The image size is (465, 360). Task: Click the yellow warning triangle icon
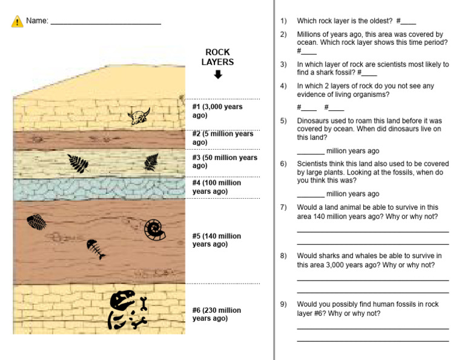click(17, 21)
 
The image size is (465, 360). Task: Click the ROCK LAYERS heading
click(218, 57)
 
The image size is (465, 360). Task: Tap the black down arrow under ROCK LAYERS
click(218, 75)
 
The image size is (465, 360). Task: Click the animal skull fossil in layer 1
click(139, 115)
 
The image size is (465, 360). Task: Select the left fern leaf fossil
click(78, 163)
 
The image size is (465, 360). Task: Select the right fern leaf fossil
click(151, 162)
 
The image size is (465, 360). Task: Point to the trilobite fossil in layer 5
click(36, 222)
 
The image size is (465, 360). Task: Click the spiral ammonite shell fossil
click(154, 229)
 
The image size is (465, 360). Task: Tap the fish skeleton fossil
click(95, 248)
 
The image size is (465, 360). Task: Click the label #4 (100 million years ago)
click(217, 187)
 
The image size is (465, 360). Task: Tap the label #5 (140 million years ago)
click(217, 240)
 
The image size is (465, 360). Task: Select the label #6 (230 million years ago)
click(217, 314)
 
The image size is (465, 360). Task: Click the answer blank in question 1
click(409, 22)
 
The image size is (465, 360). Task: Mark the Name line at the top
click(105, 22)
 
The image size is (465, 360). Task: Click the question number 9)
click(283, 304)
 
